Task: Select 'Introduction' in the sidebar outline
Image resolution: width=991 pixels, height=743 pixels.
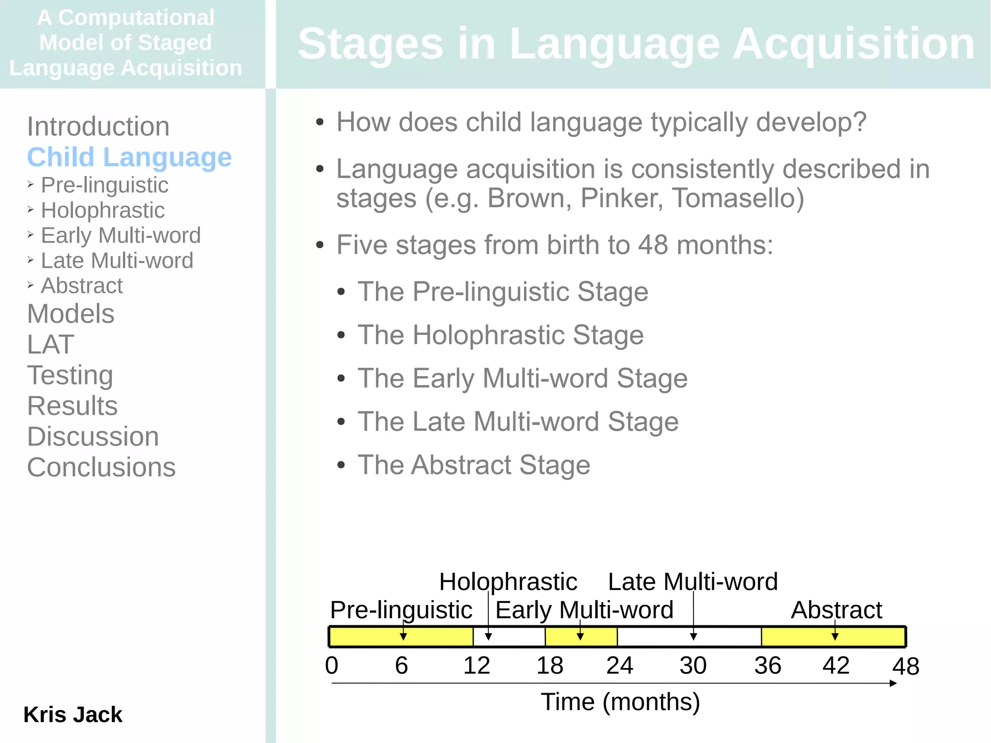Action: click(x=98, y=127)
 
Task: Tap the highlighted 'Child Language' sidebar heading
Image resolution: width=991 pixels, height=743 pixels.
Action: click(x=129, y=157)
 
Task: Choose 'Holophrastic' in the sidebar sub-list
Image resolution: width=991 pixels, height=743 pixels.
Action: click(x=103, y=211)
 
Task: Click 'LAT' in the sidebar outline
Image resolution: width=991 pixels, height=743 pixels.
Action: click(x=51, y=345)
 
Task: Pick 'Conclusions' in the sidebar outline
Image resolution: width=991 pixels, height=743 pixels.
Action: click(x=101, y=468)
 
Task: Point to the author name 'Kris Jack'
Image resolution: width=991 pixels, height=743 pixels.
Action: click(x=73, y=715)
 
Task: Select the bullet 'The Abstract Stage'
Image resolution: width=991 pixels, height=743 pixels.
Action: click(x=474, y=465)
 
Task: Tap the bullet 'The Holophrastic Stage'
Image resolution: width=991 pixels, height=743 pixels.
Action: click(x=500, y=335)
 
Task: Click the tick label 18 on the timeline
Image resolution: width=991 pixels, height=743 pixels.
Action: click(x=550, y=666)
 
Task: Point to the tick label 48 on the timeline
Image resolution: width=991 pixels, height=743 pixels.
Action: click(x=905, y=667)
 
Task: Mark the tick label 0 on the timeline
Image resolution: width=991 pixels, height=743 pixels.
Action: click(x=331, y=666)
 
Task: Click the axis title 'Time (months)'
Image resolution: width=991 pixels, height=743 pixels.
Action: click(x=620, y=702)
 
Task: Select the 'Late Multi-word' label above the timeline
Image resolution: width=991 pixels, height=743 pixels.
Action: click(x=692, y=582)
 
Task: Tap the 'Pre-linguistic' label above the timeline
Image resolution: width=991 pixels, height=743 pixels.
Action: click(x=401, y=610)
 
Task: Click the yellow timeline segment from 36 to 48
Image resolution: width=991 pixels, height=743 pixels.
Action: click(x=861, y=637)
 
